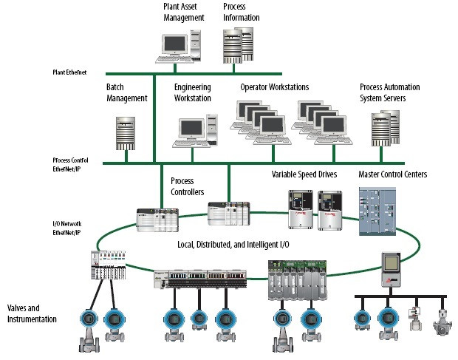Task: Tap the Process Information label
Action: click(x=241, y=13)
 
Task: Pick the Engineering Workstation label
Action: click(x=193, y=92)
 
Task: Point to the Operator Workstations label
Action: click(x=274, y=87)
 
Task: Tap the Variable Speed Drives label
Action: click(x=304, y=175)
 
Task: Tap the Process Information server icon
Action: click(x=239, y=47)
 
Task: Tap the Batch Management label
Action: click(x=127, y=92)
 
